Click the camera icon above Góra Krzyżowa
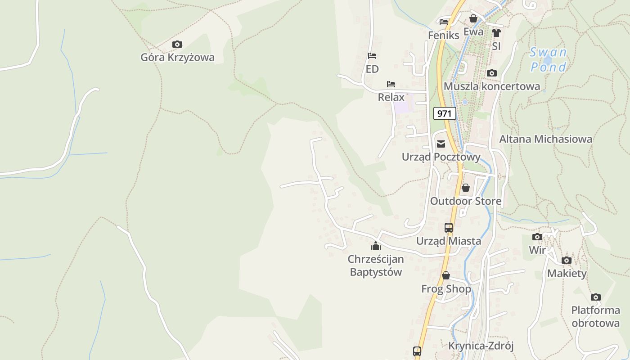[x=177, y=44]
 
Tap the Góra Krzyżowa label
[x=177, y=58]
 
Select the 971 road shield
[x=445, y=113]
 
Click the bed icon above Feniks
[x=444, y=22]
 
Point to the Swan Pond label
[x=548, y=59]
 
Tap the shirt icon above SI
[x=496, y=32]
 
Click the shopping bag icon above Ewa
[x=473, y=18]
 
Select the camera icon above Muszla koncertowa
[x=492, y=73]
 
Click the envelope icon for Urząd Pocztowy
[x=441, y=144]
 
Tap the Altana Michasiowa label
[x=545, y=139]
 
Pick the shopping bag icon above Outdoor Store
[x=466, y=187]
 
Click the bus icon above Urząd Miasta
[x=448, y=228]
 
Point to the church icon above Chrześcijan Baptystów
[x=375, y=246]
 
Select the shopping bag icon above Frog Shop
[x=446, y=275]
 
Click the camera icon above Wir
[x=537, y=237]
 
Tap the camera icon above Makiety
[x=567, y=260]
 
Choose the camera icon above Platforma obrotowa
[x=595, y=297]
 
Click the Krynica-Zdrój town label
[x=481, y=346]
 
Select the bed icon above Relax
[x=391, y=84]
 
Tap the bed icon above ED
[x=372, y=56]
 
